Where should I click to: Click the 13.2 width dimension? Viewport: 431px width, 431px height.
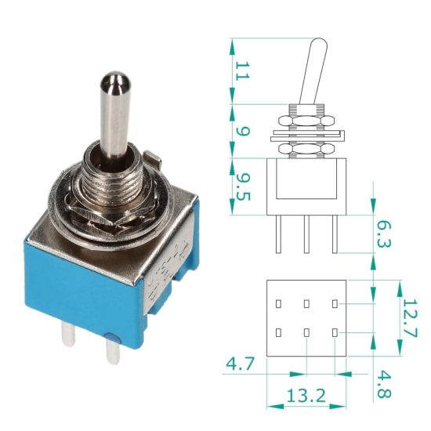coord(306,397)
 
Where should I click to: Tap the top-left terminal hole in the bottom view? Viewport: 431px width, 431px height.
coord(277,302)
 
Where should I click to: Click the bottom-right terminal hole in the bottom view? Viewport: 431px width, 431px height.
coord(335,333)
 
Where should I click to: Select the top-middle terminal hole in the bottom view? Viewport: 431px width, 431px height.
coord(306,302)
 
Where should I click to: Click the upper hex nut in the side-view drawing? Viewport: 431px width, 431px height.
coord(306,119)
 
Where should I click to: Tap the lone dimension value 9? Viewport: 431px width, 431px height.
coord(241,129)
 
